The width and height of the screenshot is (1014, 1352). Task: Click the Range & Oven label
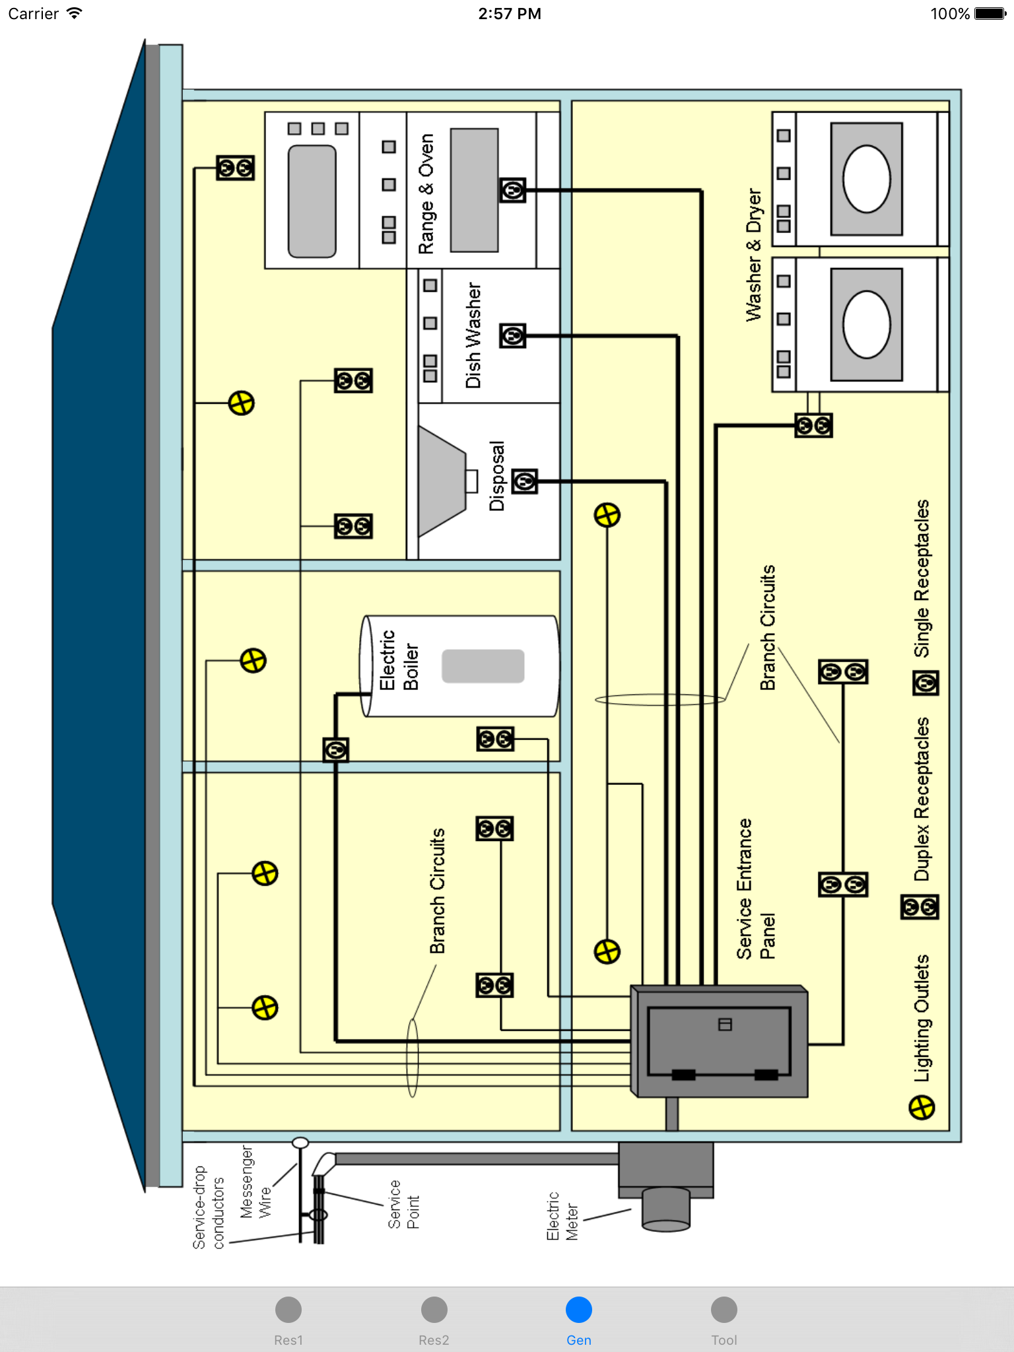click(426, 194)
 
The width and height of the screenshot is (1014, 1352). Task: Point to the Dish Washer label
click(473, 335)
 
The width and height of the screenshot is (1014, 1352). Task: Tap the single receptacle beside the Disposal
click(525, 482)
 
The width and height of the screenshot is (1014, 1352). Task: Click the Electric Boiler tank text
click(399, 660)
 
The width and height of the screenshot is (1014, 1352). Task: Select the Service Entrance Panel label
click(755, 889)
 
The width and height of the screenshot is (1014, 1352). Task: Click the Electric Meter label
click(562, 1216)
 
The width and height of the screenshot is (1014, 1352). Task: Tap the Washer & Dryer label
click(753, 255)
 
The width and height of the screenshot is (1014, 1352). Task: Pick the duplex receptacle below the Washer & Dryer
click(813, 426)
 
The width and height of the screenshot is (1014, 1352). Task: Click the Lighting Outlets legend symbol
click(922, 1107)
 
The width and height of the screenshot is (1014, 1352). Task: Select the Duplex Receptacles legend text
click(922, 799)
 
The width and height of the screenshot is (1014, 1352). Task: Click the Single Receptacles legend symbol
click(926, 683)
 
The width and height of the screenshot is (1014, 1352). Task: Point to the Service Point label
click(403, 1204)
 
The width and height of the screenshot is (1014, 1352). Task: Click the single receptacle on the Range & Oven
click(513, 191)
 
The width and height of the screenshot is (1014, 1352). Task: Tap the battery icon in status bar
click(990, 14)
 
